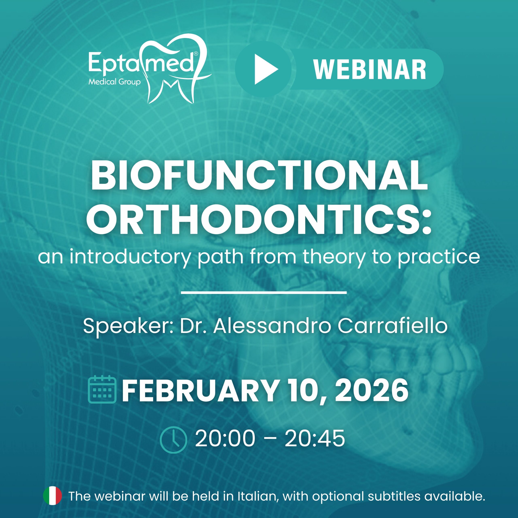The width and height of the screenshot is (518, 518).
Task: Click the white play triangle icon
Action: point(265,69)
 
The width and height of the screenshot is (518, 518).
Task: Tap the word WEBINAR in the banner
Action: point(370,69)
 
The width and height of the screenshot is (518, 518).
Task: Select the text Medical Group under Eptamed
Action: point(115,82)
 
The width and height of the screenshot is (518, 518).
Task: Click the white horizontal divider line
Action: point(264,293)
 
